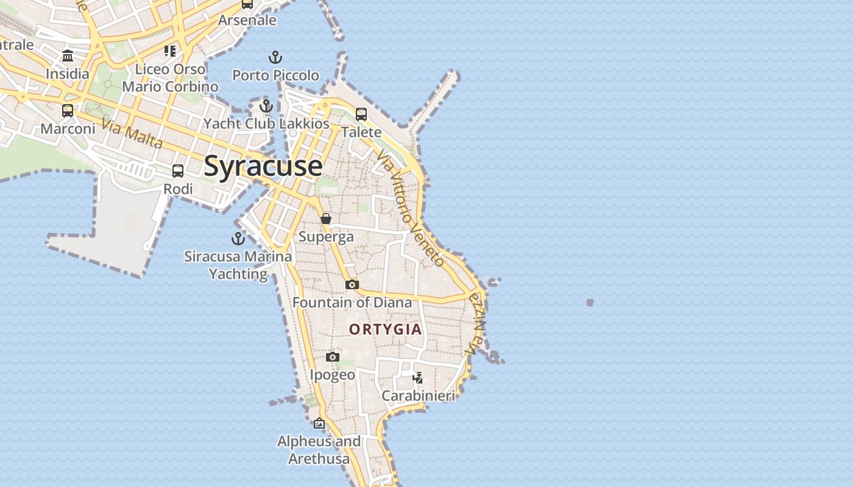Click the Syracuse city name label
[x=263, y=166]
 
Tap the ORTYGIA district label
[x=385, y=329]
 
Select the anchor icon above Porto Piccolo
[x=275, y=58]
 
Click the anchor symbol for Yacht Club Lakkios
[x=266, y=107]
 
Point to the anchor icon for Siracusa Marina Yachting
[x=238, y=239]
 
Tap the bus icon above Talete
[x=361, y=114]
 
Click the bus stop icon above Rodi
[x=178, y=171]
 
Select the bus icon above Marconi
[x=68, y=111]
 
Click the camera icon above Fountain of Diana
[x=352, y=284]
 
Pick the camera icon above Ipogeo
[x=332, y=357]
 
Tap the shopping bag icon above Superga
[x=326, y=219]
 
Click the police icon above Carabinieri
[x=417, y=378]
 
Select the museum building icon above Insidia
[x=68, y=56]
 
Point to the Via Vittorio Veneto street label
[x=410, y=208]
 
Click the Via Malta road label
[x=132, y=134]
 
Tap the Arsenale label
[x=247, y=20]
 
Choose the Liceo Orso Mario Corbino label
[x=170, y=78]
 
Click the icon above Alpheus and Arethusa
[x=319, y=423]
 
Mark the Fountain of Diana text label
[x=352, y=302]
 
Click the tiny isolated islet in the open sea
[x=590, y=302]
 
